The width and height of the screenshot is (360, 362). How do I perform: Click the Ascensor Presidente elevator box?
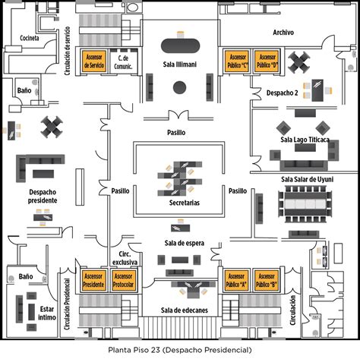[x=93, y=280]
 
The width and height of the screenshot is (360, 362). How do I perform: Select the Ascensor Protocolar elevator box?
[x=123, y=280]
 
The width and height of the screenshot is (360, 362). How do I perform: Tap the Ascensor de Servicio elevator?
[x=94, y=61]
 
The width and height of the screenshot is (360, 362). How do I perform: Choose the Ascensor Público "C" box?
[x=237, y=61]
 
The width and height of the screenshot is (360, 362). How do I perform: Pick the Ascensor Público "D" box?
[x=267, y=61]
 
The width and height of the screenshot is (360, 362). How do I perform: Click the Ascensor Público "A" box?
[x=236, y=280]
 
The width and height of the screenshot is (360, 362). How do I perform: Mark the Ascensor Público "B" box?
[x=267, y=280]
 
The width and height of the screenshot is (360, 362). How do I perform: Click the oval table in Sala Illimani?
[x=180, y=46]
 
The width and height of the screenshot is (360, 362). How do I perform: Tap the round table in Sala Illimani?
[x=180, y=87]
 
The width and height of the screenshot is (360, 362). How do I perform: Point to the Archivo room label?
[x=283, y=33]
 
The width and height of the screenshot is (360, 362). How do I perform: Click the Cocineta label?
[x=30, y=38]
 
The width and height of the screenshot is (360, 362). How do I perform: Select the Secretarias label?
[x=185, y=203]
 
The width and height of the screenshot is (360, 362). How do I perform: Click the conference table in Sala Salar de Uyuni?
[x=305, y=204]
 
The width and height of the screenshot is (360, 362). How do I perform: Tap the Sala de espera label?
[x=185, y=243]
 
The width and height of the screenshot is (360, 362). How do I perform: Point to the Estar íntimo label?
[x=47, y=313]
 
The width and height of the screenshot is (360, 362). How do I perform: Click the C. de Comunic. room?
[x=124, y=61]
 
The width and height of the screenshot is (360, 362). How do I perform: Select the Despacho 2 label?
[x=282, y=93]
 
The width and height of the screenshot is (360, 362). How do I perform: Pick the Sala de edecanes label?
[x=185, y=310]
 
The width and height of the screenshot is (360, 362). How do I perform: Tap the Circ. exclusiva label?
[x=125, y=258]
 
